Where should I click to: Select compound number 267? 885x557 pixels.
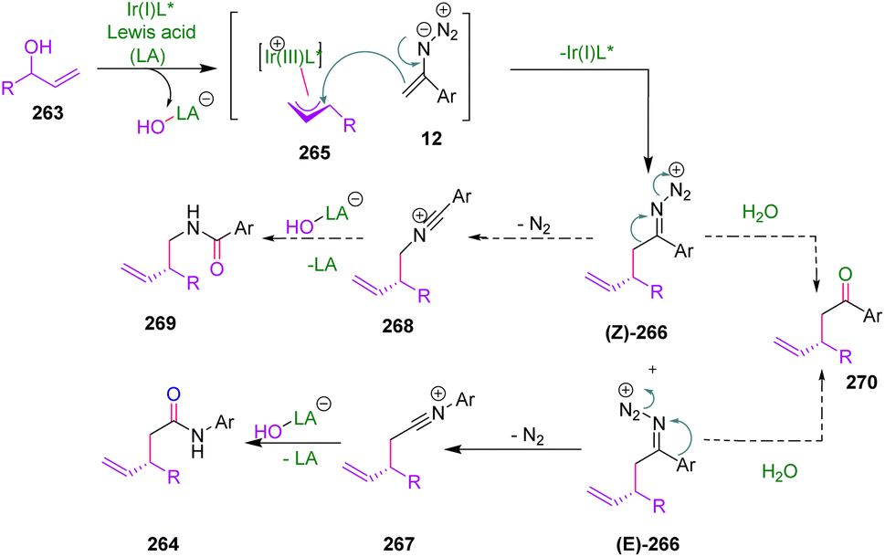pos(395,541)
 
